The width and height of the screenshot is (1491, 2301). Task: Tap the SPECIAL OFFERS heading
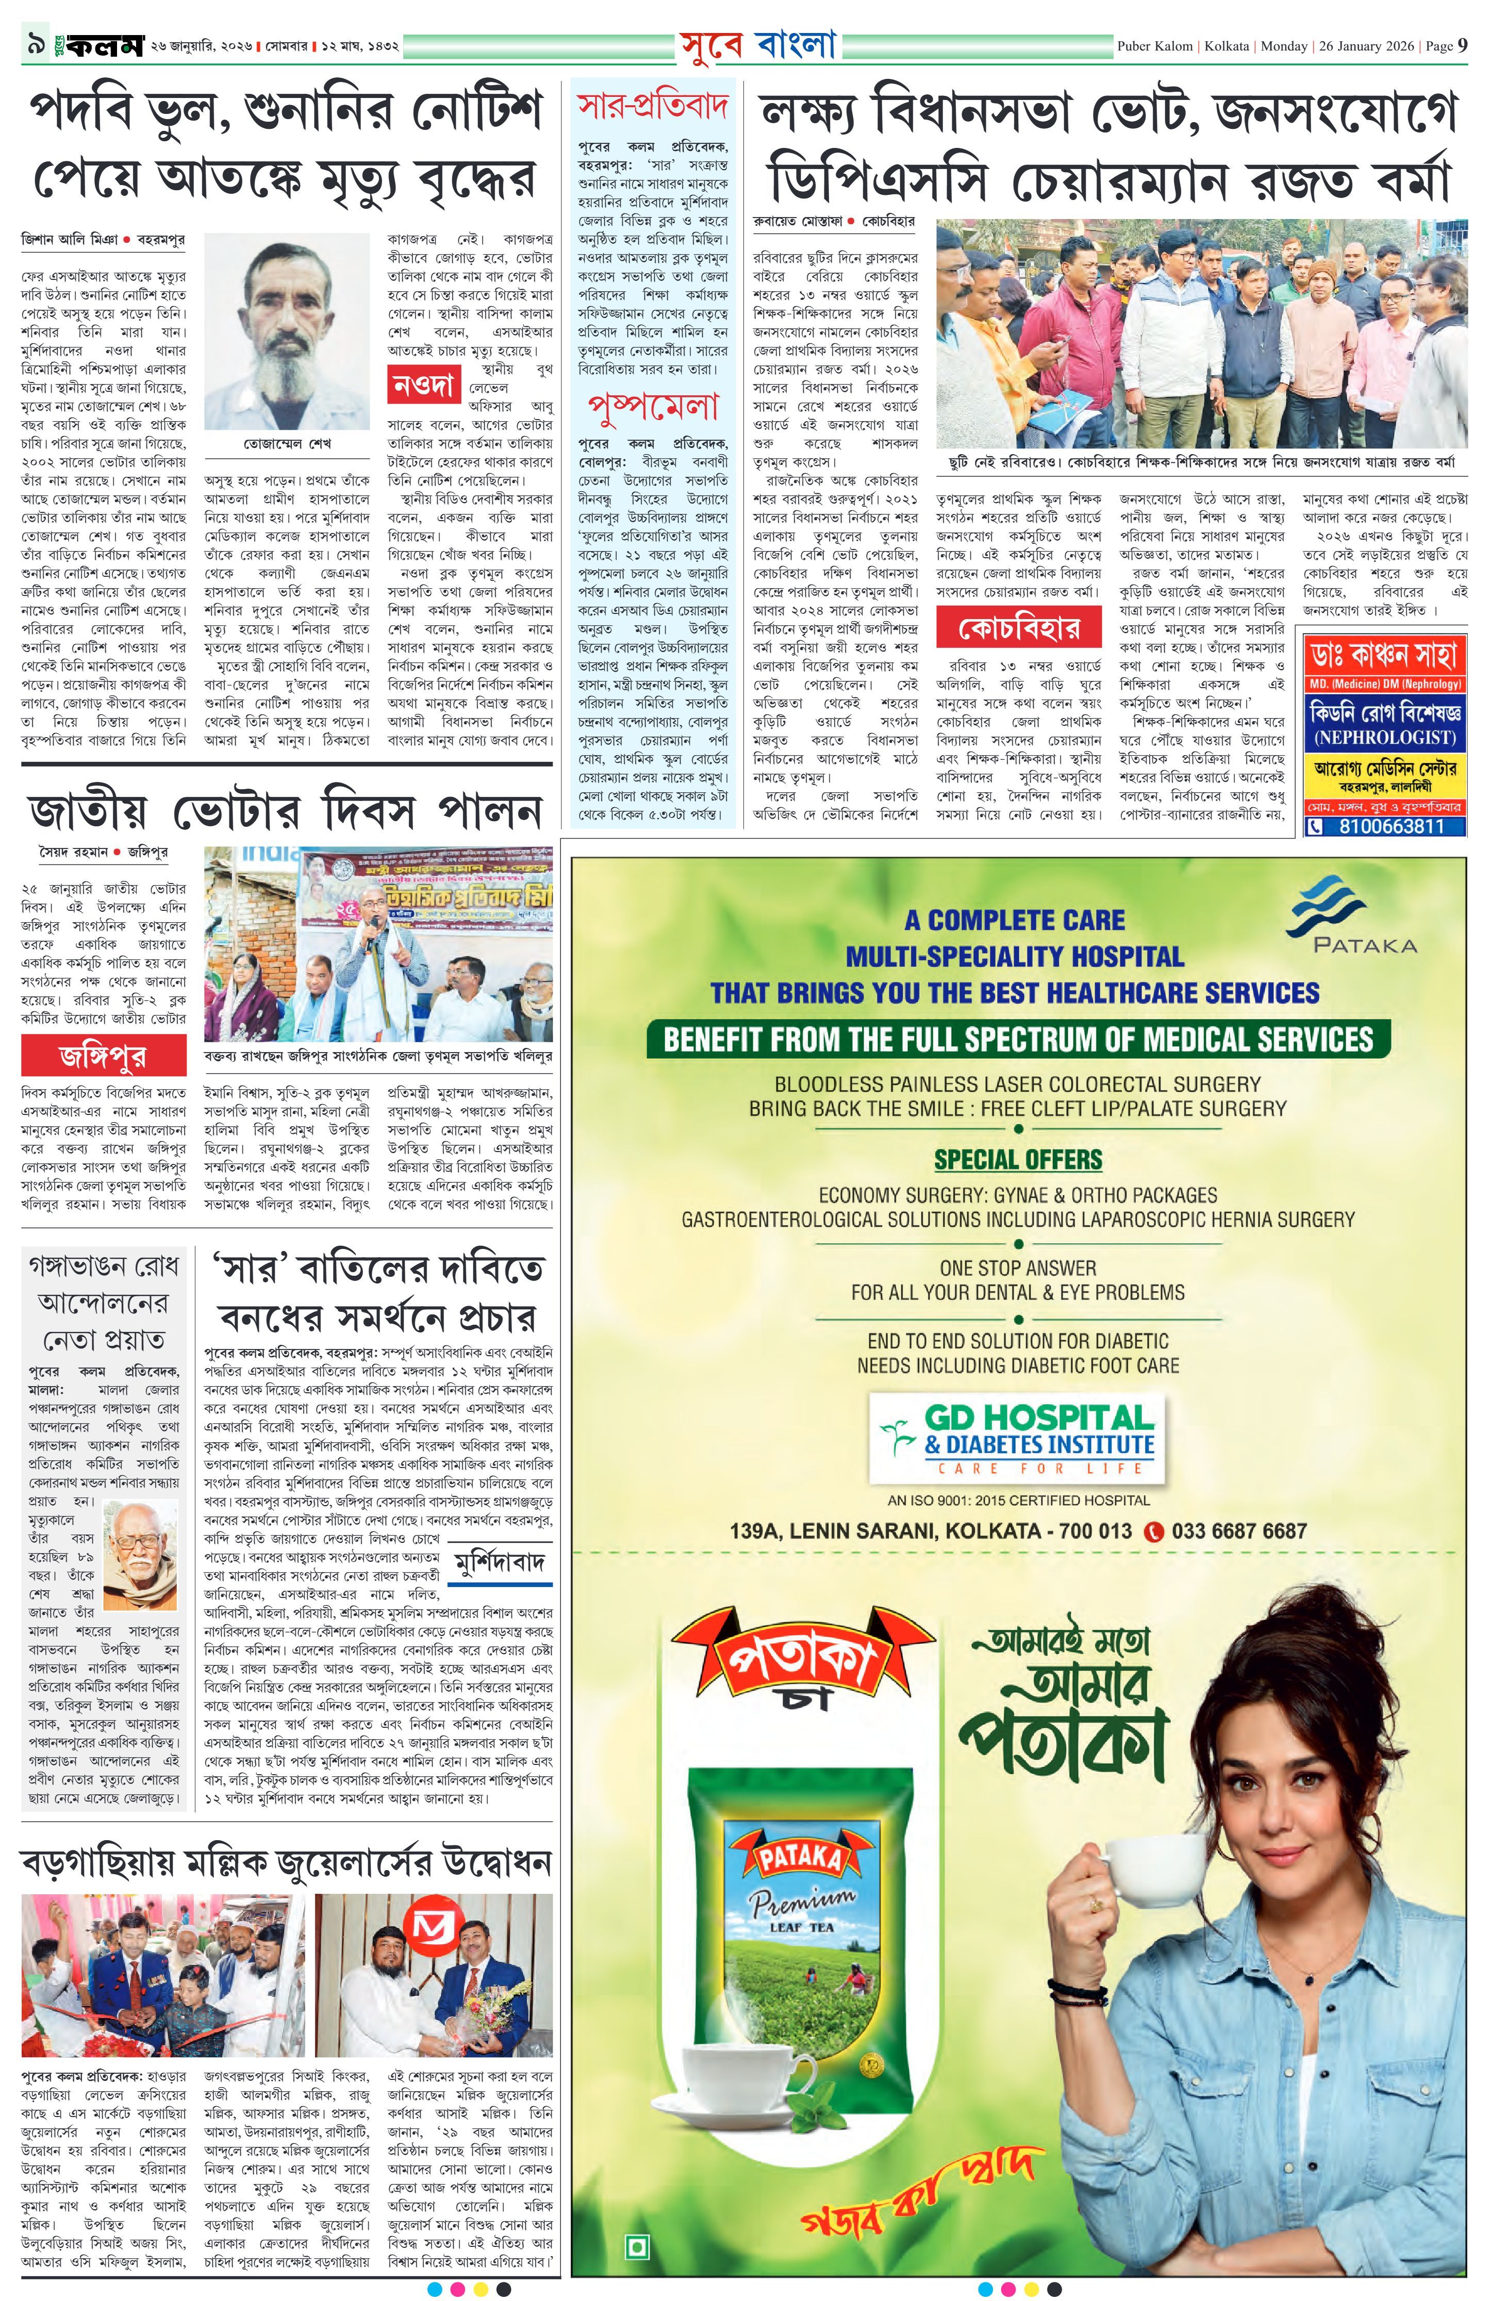pos(1017,1159)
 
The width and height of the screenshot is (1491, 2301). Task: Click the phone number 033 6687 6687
pos(1238,1530)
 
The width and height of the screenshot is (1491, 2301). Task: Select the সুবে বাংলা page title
pos(757,45)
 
